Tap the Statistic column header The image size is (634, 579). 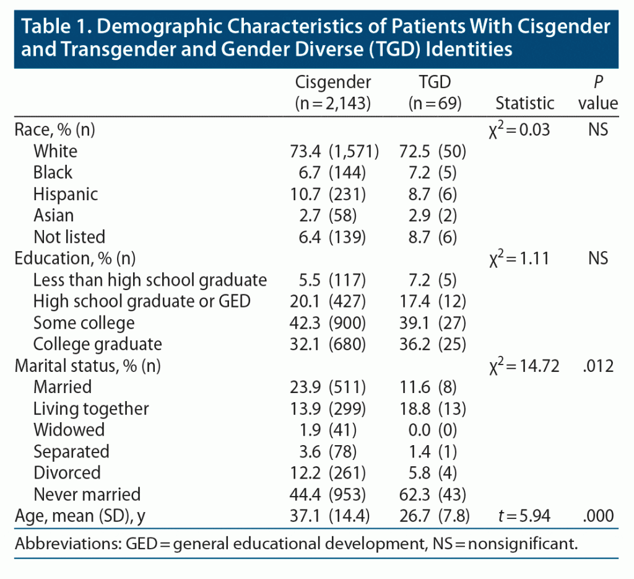point(525,103)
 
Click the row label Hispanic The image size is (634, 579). point(66,194)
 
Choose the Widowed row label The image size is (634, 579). point(69,430)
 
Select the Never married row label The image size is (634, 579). point(87,494)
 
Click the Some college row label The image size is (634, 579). point(84,322)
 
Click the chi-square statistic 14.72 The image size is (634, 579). point(524,366)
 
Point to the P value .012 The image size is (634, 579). point(597,366)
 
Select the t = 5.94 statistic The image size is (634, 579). point(525,516)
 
